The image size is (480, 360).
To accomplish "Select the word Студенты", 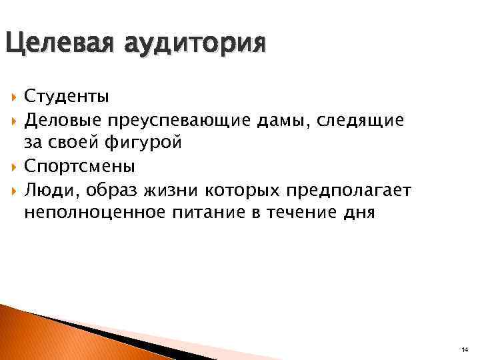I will click(x=67, y=97).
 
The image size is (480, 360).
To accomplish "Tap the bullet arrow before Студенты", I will click(x=14, y=97).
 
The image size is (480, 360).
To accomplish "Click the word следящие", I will click(x=360, y=121).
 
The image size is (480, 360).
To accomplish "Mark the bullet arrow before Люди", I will click(x=14, y=191).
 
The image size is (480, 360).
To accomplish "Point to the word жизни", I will click(x=159, y=190).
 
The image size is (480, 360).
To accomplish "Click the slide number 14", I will click(x=464, y=349).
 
